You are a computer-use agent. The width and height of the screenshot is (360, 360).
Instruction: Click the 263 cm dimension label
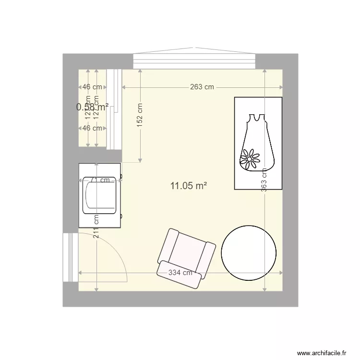tap(202, 87)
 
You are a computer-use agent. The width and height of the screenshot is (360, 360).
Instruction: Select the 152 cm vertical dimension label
tap(140, 114)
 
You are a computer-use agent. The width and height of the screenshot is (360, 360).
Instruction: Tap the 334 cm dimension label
tap(180, 273)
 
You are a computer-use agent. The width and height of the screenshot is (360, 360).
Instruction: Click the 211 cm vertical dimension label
tap(96, 226)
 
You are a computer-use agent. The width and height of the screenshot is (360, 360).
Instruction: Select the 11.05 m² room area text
tap(188, 186)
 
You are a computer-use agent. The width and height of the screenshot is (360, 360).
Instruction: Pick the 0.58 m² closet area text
tap(92, 107)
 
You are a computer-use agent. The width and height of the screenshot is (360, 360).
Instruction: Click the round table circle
tap(249, 252)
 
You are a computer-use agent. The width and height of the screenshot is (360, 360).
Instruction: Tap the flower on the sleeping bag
tap(250, 158)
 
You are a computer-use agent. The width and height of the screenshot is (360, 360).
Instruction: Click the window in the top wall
tap(194, 60)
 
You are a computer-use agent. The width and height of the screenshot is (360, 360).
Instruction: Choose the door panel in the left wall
tap(70, 257)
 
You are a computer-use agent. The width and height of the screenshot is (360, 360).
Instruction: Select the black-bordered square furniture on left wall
tap(100, 195)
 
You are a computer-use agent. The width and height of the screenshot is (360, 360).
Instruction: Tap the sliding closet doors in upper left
tap(113, 109)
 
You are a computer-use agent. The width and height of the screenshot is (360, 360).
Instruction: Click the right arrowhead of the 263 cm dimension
tap(281, 87)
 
